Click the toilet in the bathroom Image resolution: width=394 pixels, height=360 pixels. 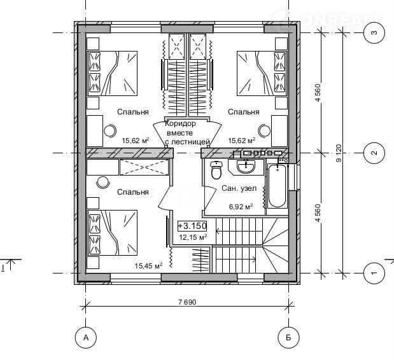(x=216, y=170)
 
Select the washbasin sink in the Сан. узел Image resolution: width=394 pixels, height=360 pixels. (x=246, y=166)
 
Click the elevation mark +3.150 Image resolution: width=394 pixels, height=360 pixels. (x=192, y=226)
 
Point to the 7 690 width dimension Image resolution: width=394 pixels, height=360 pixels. (x=187, y=302)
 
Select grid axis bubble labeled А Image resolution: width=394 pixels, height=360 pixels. (x=86, y=338)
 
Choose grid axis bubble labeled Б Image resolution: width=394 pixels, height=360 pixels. (x=289, y=338)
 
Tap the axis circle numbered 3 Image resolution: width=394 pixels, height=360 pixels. (x=374, y=32)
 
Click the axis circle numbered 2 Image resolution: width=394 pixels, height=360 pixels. (x=374, y=153)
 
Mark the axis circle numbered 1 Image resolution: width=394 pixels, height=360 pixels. (x=374, y=273)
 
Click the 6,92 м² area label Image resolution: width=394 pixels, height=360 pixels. (x=241, y=207)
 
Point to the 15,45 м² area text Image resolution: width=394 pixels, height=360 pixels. (x=148, y=266)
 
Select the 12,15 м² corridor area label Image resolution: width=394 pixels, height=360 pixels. (x=193, y=237)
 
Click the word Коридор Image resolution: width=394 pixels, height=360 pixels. (x=180, y=123)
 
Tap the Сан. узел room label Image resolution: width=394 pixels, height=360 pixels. (x=239, y=188)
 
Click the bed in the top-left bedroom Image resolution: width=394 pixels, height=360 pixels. (x=112, y=73)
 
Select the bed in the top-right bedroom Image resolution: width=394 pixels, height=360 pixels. (x=262, y=73)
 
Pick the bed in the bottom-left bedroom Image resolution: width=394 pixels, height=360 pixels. (x=112, y=233)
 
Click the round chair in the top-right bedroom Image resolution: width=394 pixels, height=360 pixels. (x=265, y=131)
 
